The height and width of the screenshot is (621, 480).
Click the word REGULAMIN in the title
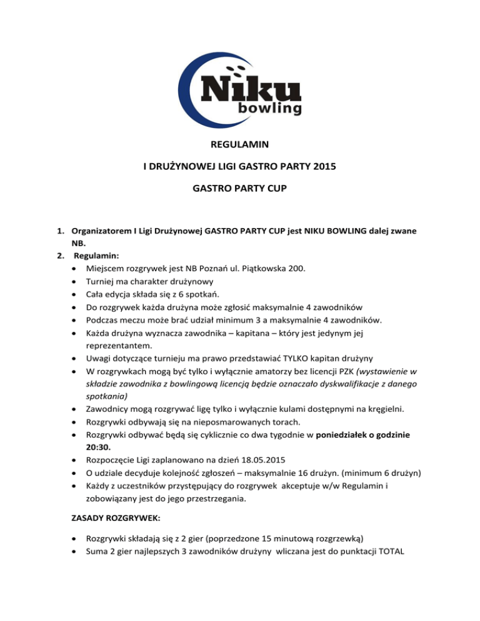pyautogui.click(x=240, y=144)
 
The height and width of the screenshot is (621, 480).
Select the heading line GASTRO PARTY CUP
pyautogui.click(x=240, y=192)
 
